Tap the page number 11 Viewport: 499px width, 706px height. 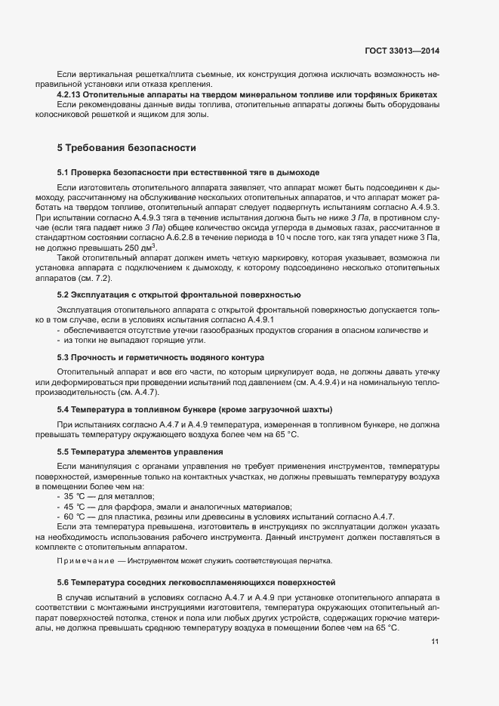(435, 643)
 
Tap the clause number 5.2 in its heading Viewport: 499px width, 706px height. (63, 294)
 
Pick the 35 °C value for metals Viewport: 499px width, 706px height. (72, 496)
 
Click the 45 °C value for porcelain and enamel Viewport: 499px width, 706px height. (72, 507)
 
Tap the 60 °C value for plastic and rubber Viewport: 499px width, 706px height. (72, 516)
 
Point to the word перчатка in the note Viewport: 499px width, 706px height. (312, 561)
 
